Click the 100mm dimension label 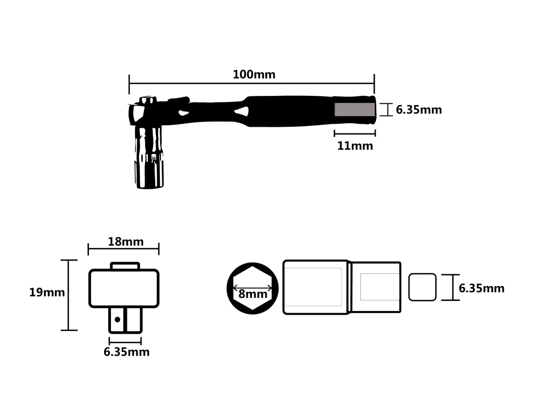[254, 74]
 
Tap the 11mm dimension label [355, 146]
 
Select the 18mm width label [125, 241]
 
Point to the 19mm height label [47, 292]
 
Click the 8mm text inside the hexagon [253, 294]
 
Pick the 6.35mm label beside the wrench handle [419, 110]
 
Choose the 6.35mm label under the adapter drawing [126, 352]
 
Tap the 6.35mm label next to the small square [481, 288]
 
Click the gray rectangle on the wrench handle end [355, 110]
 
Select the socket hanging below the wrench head [149, 157]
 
